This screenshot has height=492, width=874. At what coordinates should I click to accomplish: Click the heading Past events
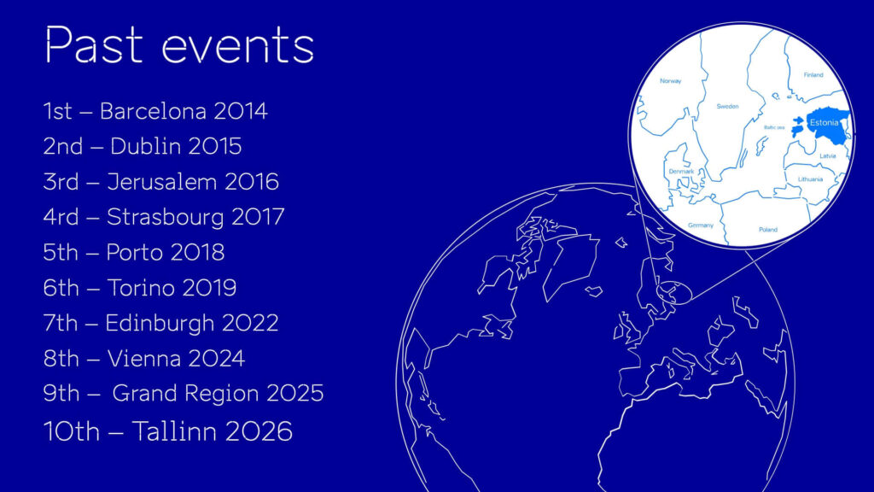tap(179, 44)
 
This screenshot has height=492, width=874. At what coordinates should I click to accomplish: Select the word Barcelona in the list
tap(153, 111)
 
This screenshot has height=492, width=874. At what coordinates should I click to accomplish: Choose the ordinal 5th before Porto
tap(61, 253)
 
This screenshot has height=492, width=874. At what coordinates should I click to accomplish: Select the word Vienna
tap(143, 359)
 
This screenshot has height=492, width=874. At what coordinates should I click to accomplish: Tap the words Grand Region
tap(185, 394)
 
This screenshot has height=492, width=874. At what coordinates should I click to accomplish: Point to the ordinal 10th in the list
tap(72, 431)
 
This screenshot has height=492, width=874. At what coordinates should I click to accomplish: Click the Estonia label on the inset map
tap(824, 123)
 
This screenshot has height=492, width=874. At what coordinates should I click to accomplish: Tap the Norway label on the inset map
tap(671, 81)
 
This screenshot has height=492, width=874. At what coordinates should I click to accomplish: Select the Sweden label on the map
tap(727, 106)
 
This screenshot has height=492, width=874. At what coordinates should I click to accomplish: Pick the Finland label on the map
tap(813, 75)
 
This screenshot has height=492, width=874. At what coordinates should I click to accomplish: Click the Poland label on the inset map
tap(768, 229)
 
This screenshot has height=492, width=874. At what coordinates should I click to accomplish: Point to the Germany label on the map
tap(701, 225)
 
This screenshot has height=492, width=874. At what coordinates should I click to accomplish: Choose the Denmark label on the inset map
tap(681, 171)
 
